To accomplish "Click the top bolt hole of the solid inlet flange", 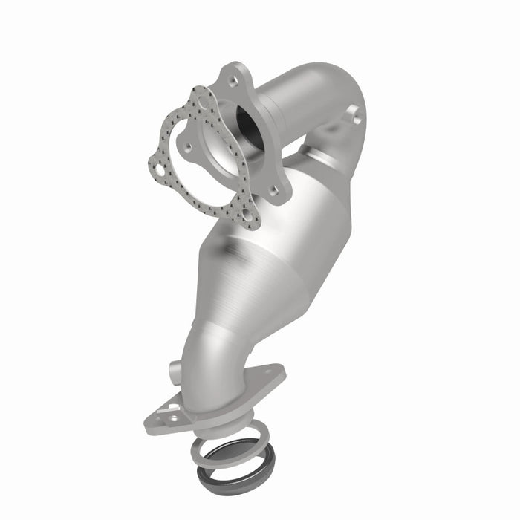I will pyautogui.click(x=233, y=80).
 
